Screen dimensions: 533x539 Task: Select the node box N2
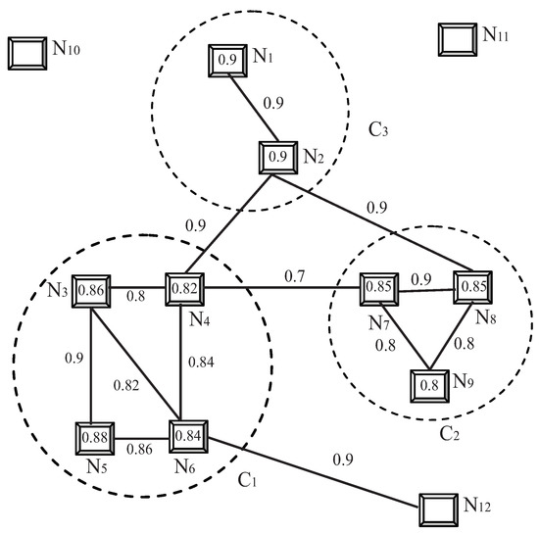pos(276,156)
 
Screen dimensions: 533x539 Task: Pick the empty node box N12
pos(438,509)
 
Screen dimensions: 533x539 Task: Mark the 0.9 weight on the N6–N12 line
pos(344,459)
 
